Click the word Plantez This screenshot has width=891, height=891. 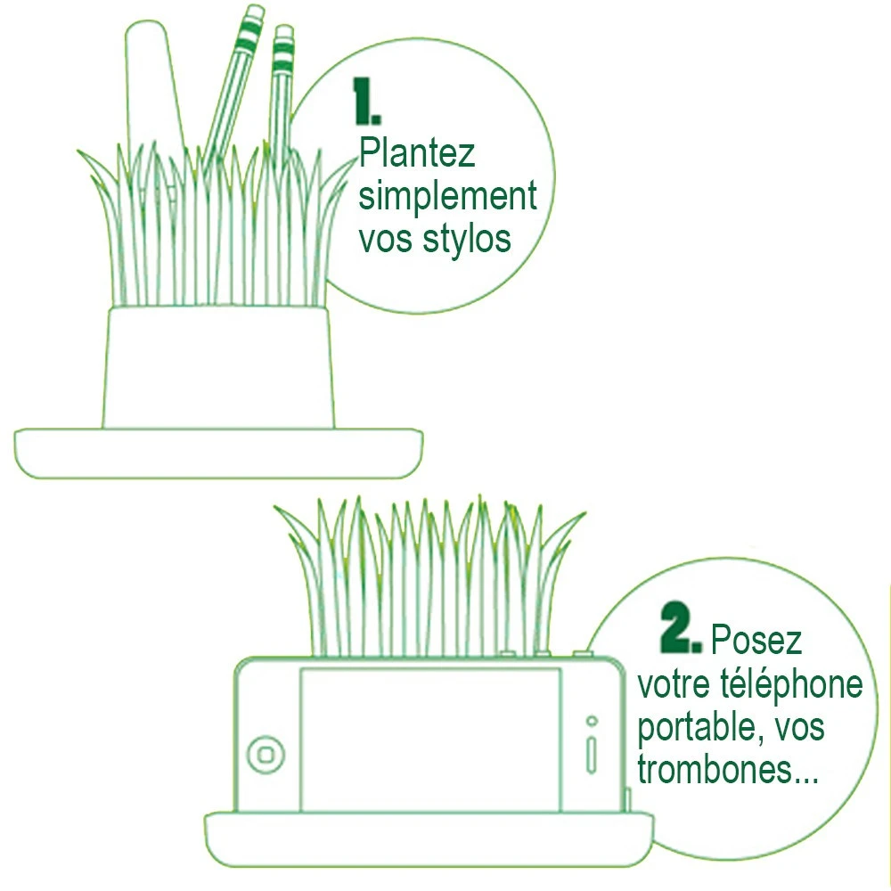pyautogui.click(x=417, y=154)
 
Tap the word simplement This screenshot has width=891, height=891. pyautogui.click(x=448, y=197)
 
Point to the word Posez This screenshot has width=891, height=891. pyautogui.click(x=756, y=640)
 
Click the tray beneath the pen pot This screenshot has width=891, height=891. pyautogui.click(x=218, y=454)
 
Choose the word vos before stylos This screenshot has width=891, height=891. pyautogui.click(x=385, y=240)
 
